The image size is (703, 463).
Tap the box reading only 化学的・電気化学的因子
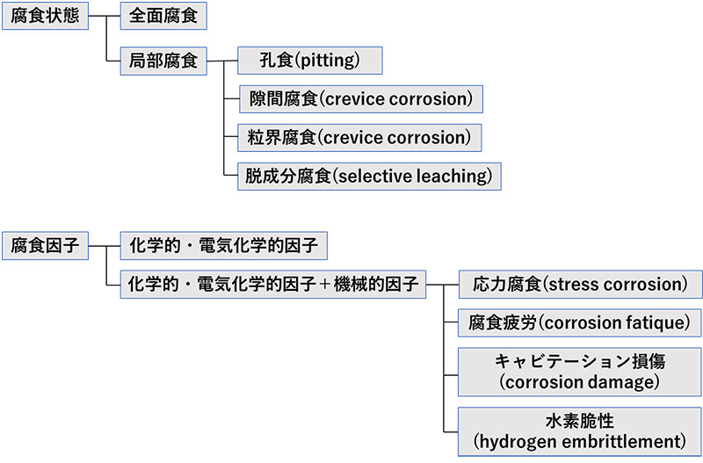pyautogui.click(x=223, y=246)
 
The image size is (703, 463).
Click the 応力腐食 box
pyautogui.click(x=580, y=285)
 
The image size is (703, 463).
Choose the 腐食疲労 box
pyautogui.click(x=580, y=322)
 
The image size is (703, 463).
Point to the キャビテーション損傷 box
pyautogui.click(x=580, y=371)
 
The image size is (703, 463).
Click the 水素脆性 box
pyautogui.click(x=580, y=430)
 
